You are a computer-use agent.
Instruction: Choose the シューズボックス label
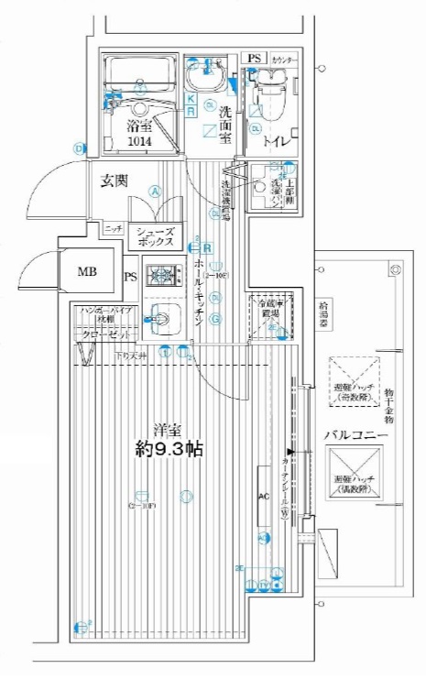156,239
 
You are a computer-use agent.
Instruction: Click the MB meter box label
86,271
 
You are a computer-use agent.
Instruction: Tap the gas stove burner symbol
163,273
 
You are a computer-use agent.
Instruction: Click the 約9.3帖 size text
169,450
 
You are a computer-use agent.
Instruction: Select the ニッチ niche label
114,227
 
